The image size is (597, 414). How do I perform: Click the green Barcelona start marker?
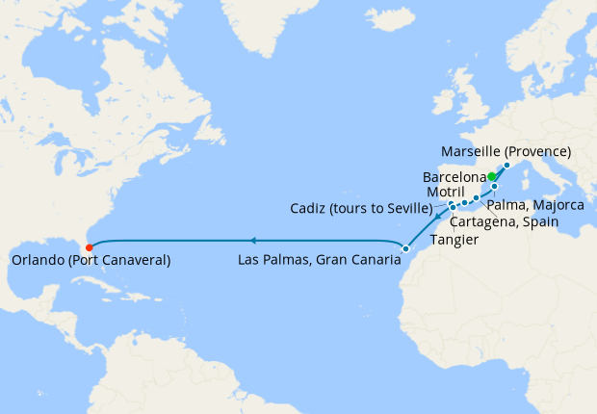(x=492, y=176)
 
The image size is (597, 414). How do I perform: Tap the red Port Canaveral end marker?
(x=89, y=247)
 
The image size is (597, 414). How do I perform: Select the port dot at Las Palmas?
(x=405, y=249)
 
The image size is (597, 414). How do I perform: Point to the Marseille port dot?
(x=506, y=165)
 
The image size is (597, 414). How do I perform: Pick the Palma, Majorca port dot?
(x=495, y=186)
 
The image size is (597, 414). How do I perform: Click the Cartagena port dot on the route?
(x=476, y=197)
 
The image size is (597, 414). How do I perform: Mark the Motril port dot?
(x=464, y=202)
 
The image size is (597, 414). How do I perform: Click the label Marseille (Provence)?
(x=506, y=152)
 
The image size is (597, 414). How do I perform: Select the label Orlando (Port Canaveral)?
(x=91, y=260)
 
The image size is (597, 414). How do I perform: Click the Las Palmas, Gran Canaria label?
(x=320, y=260)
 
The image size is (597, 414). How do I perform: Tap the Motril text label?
(x=447, y=193)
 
